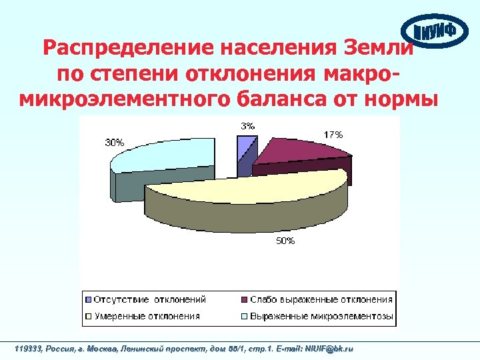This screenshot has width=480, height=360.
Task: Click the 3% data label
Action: pyautogui.click(x=247, y=125)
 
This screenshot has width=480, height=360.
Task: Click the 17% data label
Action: pyautogui.click(x=334, y=135)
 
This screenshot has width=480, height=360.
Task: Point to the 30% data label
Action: pyautogui.click(x=113, y=141)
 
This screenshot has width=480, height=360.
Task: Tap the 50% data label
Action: pyautogui.click(x=285, y=241)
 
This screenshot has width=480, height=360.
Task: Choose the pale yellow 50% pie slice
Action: pyautogui.click(x=253, y=190)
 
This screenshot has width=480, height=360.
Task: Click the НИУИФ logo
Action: pyautogui.click(x=435, y=32)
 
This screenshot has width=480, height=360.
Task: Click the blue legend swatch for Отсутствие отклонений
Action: pyautogui.click(x=87, y=299)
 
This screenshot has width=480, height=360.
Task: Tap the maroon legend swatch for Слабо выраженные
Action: pyautogui.click(x=244, y=299)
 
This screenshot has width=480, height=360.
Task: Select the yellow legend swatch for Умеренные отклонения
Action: pyautogui.click(x=87, y=315)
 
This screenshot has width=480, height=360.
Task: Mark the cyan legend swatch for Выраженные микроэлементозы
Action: pyautogui.click(x=244, y=315)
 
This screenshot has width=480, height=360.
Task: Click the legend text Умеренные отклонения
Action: pyautogui.click(x=146, y=315)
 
